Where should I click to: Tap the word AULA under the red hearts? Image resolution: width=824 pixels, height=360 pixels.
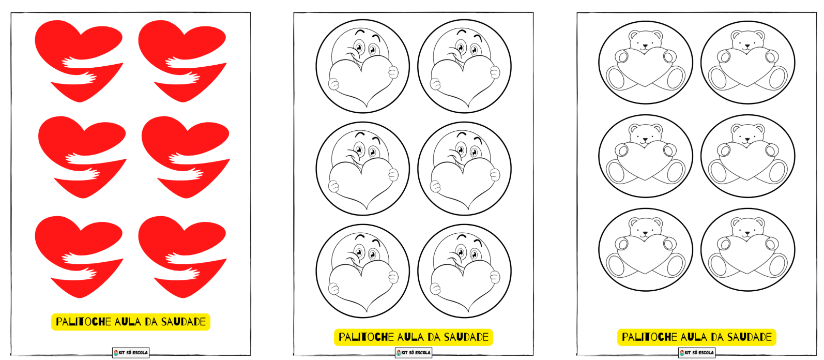(x=128, y=322)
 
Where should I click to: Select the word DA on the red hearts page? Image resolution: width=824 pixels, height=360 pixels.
(x=151, y=322)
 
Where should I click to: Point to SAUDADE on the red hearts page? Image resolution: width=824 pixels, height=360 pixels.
(x=184, y=322)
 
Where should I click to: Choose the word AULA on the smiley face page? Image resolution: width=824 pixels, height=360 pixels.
(x=410, y=337)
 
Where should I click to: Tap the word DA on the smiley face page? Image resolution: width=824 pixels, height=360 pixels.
(x=434, y=337)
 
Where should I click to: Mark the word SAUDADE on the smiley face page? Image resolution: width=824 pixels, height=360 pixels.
(x=466, y=337)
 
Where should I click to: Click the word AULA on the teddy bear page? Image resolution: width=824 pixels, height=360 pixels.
(x=694, y=337)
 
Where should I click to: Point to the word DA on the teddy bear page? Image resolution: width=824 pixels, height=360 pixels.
(x=718, y=337)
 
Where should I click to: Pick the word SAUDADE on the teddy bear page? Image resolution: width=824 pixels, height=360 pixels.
(x=750, y=337)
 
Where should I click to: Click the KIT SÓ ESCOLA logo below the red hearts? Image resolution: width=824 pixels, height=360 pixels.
(x=131, y=353)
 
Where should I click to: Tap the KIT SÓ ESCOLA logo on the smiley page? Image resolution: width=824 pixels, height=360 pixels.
(x=414, y=353)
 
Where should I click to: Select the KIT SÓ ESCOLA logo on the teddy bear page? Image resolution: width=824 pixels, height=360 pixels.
(x=697, y=353)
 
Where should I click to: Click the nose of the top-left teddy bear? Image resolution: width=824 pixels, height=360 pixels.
(x=645, y=47)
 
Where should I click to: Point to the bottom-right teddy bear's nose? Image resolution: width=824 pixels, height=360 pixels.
(x=747, y=233)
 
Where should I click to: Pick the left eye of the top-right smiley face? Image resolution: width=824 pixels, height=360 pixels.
(x=460, y=47)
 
